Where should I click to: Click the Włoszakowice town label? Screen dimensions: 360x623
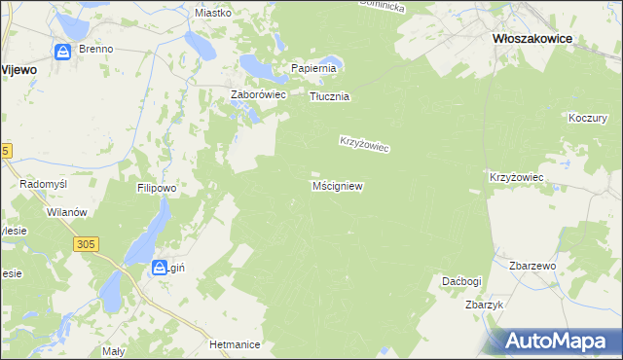(x=531, y=39)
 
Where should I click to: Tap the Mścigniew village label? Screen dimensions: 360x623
(x=338, y=185)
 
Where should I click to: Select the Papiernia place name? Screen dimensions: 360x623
(x=313, y=69)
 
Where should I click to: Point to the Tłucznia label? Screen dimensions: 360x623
(x=329, y=97)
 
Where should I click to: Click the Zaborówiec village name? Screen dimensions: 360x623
(x=256, y=95)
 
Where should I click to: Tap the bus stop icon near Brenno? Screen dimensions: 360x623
(x=64, y=51)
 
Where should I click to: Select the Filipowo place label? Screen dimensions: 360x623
(x=156, y=187)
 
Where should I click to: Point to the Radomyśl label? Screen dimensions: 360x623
(x=42, y=184)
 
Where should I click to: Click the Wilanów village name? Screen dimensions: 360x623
(x=67, y=212)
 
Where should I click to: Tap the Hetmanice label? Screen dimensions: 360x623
(x=235, y=344)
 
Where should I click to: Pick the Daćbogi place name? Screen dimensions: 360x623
(x=460, y=281)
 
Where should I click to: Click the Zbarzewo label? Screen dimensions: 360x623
(x=531, y=266)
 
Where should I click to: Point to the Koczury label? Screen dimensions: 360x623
(x=587, y=118)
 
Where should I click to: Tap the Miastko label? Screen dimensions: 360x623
(x=212, y=13)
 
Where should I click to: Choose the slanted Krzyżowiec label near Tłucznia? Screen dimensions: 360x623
(x=364, y=143)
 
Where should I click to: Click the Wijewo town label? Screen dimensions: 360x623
(x=18, y=69)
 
